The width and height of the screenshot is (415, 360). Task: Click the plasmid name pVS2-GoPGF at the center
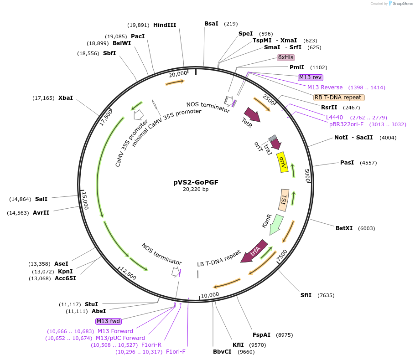196,182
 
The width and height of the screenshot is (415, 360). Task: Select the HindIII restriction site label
165,25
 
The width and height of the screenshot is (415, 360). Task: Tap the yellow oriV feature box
283,162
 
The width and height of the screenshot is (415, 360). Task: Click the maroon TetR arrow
252,115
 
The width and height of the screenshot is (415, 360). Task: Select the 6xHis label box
286,57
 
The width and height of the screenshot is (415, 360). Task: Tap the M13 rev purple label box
311,77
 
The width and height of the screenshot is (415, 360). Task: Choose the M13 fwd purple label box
108,321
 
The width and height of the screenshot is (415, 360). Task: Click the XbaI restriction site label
66,98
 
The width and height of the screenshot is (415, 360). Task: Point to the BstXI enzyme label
344,228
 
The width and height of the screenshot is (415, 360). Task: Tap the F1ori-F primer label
176,352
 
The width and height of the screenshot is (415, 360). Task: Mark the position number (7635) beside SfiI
326,295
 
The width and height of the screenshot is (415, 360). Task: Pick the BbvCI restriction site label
222,352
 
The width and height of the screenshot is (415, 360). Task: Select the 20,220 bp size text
196,189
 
